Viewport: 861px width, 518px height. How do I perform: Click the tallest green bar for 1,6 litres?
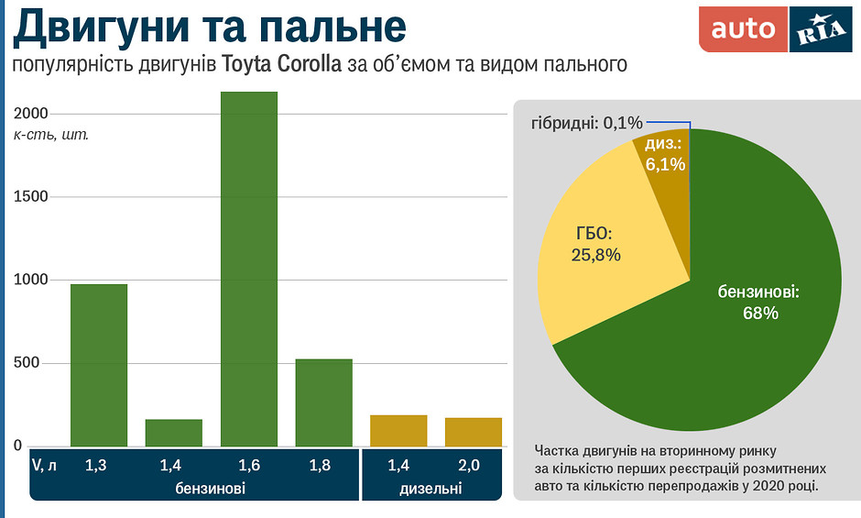point(249,270)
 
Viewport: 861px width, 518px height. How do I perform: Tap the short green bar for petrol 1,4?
point(174,433)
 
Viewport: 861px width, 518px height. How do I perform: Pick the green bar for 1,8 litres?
point(323,402)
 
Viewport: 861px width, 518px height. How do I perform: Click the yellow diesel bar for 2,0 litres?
point(474,432)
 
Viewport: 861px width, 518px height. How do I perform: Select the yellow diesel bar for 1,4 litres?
point(398,431)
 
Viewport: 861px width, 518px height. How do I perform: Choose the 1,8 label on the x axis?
point(320,466)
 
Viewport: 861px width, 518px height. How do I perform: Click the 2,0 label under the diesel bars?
point(471,466)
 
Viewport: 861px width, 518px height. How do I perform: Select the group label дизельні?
point(430,489)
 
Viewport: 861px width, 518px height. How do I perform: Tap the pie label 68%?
point(760,313)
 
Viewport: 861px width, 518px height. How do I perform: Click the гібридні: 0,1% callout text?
point(587,122)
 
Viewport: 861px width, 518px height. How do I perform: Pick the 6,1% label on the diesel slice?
point(663,164)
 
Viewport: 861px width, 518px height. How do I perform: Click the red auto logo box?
point(743,29)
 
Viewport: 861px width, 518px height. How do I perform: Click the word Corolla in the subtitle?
point(311,65)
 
